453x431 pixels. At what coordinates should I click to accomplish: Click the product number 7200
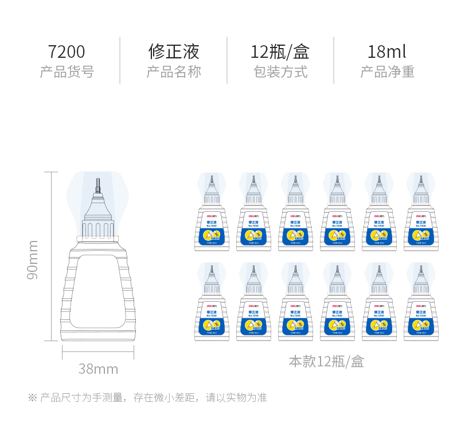tap(67, 52)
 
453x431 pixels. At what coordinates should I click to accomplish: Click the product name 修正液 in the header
tap(174, 52)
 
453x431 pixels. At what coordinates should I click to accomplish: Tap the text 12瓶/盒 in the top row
tap(280, 52)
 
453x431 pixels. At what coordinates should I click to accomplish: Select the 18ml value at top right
tap(387, 52)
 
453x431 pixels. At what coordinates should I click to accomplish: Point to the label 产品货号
tap(67, 72)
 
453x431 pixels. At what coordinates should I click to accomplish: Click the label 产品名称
tap(174, 72)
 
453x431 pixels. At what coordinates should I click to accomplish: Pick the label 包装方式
tap(280, 72)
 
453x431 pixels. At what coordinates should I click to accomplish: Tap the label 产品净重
tap(387, 72)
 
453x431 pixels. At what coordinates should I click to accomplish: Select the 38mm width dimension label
tap(98, 369)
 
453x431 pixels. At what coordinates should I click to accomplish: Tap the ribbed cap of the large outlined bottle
tap(97, 226)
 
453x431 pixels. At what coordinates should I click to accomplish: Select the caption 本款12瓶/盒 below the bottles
tap(326, 362)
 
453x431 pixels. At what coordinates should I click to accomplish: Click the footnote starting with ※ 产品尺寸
tap(147, 397)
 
